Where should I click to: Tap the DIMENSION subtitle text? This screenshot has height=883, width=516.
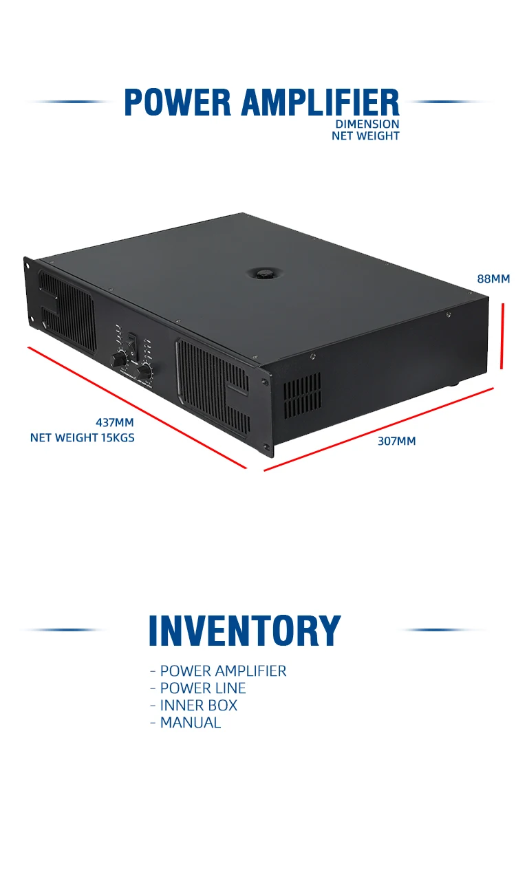367,124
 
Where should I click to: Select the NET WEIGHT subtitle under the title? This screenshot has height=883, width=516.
365,136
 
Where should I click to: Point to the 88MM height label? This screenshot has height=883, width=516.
493,279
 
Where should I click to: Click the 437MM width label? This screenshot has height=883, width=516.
114,422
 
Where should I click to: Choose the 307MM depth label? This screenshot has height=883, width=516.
396,441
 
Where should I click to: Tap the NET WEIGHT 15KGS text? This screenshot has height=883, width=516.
83,437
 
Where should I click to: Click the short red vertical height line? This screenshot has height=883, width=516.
503,336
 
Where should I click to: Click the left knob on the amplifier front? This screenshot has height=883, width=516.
120,358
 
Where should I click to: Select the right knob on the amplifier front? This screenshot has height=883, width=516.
144,372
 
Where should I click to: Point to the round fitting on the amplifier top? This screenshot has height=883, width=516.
262,272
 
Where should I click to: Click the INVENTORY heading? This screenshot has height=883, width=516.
244,631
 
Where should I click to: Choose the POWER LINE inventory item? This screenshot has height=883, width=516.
202,688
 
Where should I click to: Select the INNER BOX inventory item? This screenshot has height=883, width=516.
198,706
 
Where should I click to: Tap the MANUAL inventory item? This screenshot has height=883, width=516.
190,723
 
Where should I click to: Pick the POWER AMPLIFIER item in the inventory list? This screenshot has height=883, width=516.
223,671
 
